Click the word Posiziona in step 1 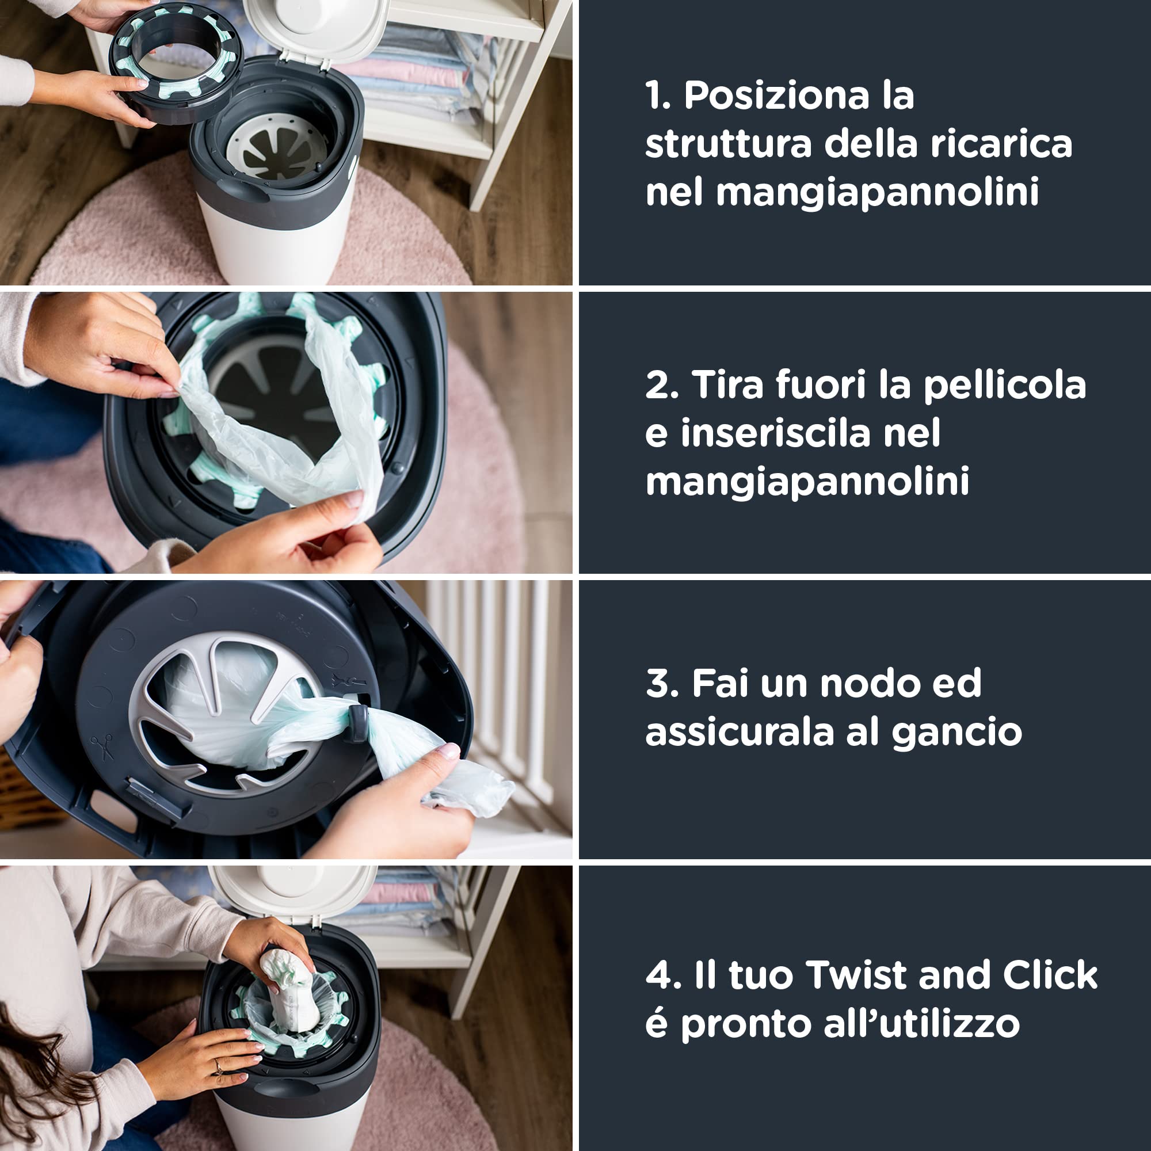point(776,96)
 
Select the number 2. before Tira point(661,385)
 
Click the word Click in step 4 point(1050,975)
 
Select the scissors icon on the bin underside point(102,747)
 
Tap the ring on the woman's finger point(218,1065)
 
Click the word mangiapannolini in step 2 point(807,481)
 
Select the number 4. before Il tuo point(663,975)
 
